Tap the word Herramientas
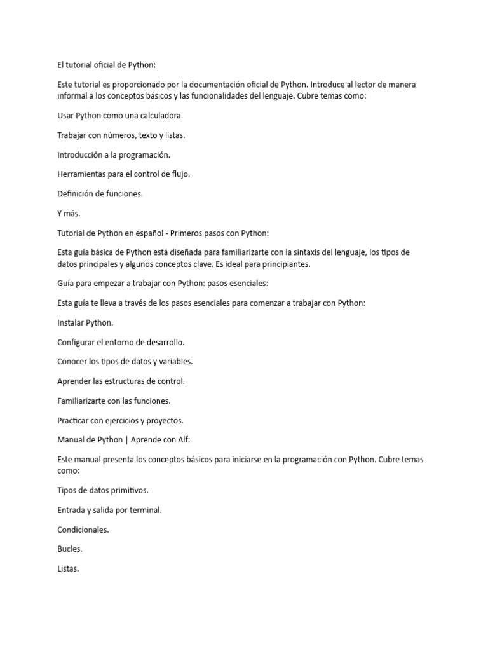(81, 174)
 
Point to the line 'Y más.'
(69, 214)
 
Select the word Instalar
(71, 322)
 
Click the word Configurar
(78, 342)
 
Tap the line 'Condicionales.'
(83, 529)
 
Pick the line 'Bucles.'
(69, 549)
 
